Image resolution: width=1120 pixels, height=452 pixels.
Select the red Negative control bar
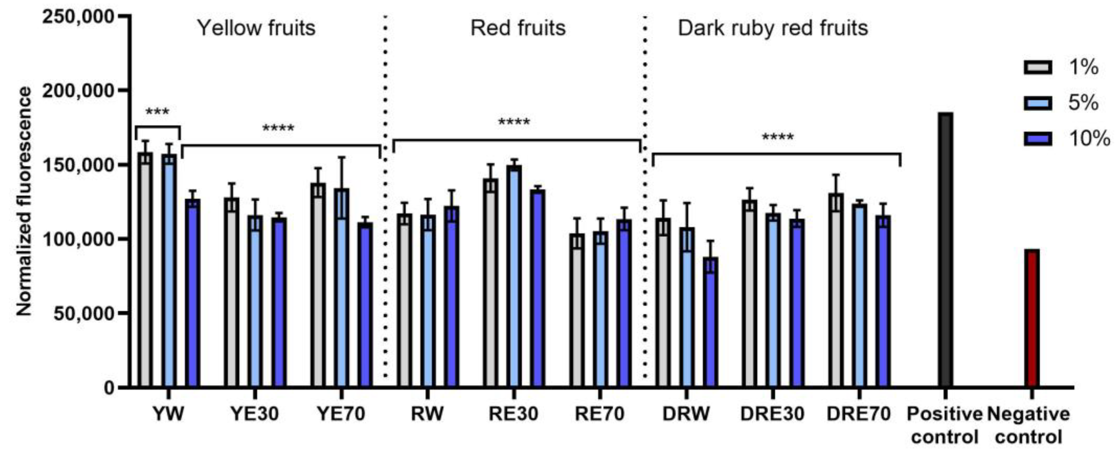point(1032,318)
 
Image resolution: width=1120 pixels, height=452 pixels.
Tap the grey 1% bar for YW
point(145,270)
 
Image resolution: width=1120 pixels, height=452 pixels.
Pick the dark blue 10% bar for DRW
point(710,322)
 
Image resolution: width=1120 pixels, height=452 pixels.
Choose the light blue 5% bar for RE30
point(515,276)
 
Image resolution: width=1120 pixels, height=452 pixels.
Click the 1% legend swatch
point(1038,67)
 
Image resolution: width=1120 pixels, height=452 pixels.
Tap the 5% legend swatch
point(1038,103)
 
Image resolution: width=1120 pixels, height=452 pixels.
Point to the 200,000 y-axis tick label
point(78,91)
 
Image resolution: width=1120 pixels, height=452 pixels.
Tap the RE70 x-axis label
point(599,414)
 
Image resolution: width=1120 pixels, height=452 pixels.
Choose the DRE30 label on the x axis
point(772,414)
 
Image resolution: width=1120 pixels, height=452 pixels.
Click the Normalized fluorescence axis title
point(24,201)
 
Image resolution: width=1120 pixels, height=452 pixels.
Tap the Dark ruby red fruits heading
point(773,28)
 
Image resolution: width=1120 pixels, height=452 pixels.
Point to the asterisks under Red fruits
point(514,122)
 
